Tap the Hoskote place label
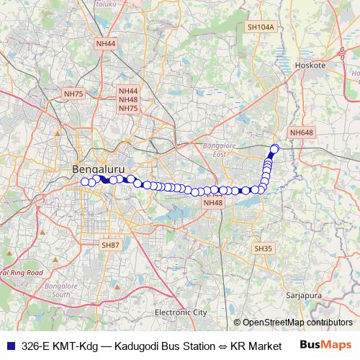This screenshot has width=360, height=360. pos(310,65)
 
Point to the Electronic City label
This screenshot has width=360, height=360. pos(181,312)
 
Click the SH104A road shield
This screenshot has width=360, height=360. pos(261,27)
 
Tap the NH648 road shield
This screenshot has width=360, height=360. pos(301,132)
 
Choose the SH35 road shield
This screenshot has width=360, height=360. pos(264,248)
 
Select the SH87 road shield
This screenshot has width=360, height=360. pos(109,245)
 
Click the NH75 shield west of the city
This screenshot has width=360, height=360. pos(73,94)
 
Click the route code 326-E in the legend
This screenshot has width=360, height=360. pos(37,345)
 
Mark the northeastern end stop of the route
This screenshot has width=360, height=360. pos(274,149)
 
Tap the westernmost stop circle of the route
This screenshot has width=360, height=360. pos(84,181)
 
